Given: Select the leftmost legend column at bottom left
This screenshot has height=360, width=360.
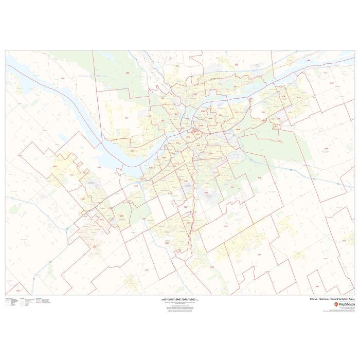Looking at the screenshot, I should click(x=12, y=302).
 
